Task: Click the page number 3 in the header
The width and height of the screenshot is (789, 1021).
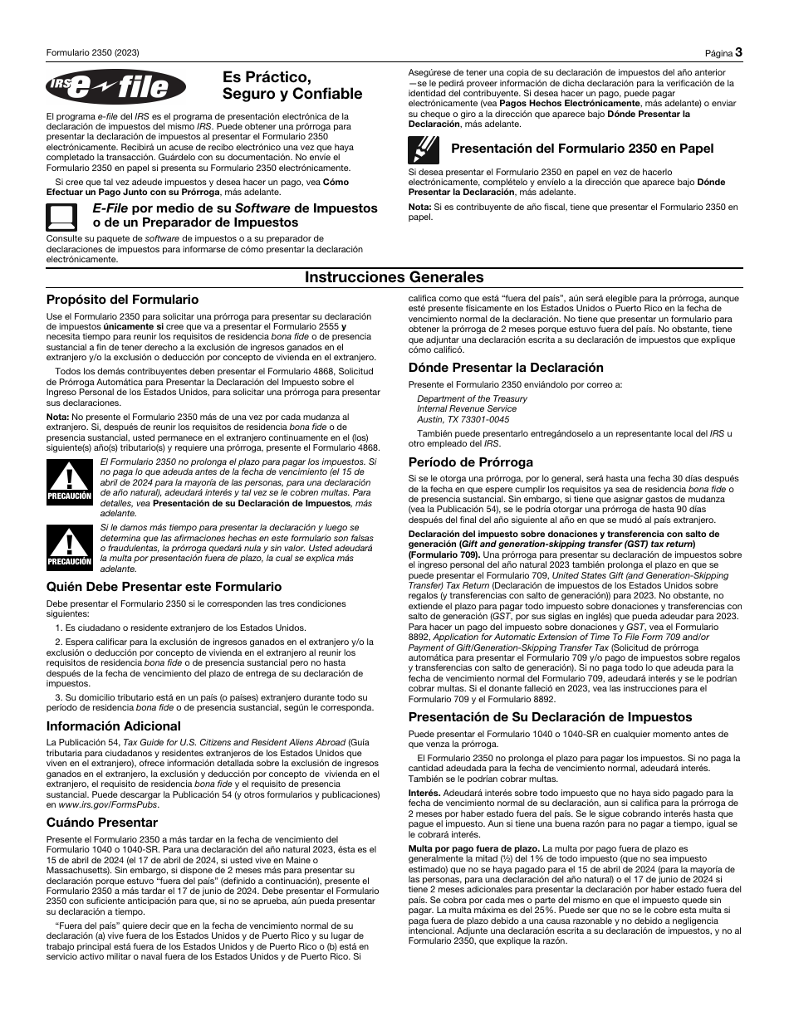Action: [738, 53]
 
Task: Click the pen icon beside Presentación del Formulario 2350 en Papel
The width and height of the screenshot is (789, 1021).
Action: [423, 149]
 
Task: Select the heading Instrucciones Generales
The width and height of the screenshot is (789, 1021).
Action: [394, 277]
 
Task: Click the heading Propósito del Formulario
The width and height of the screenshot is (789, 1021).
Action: [122, 300]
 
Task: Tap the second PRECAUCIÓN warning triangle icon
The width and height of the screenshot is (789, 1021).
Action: [69, 548]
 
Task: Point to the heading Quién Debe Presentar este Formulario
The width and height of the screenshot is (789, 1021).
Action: [164, 586]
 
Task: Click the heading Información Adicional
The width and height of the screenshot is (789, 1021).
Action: [113, 725]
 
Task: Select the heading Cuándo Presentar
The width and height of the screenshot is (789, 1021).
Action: [101, 823]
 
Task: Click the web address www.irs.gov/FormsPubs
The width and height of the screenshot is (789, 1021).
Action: [98, 805]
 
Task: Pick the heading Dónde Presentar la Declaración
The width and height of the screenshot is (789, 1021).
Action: [506, 368]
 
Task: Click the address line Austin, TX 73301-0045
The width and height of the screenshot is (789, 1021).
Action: [463, 419]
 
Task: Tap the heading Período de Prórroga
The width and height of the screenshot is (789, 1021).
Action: [470, 462]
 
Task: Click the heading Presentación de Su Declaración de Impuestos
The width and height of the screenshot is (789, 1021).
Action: [550, 717]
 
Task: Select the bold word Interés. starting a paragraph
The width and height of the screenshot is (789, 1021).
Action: [424, 794]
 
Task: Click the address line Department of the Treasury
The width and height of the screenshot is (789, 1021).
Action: [472, 398]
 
